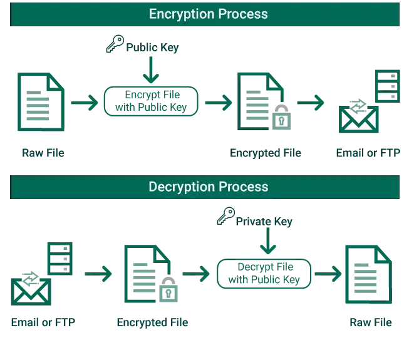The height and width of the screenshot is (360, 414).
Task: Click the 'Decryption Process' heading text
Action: pyautogui.click(x=208, y=187)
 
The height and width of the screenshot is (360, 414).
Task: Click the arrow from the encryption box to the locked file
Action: pyautogui.click(x=217, y=103)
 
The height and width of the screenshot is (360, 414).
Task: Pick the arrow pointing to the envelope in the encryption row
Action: pyautogui.click(x=310, y=103)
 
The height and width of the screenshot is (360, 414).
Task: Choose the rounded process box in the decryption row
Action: pyautogui.click(x=264, y=273)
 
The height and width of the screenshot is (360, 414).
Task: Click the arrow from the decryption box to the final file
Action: pyautogui.click(x=328, y=274)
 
